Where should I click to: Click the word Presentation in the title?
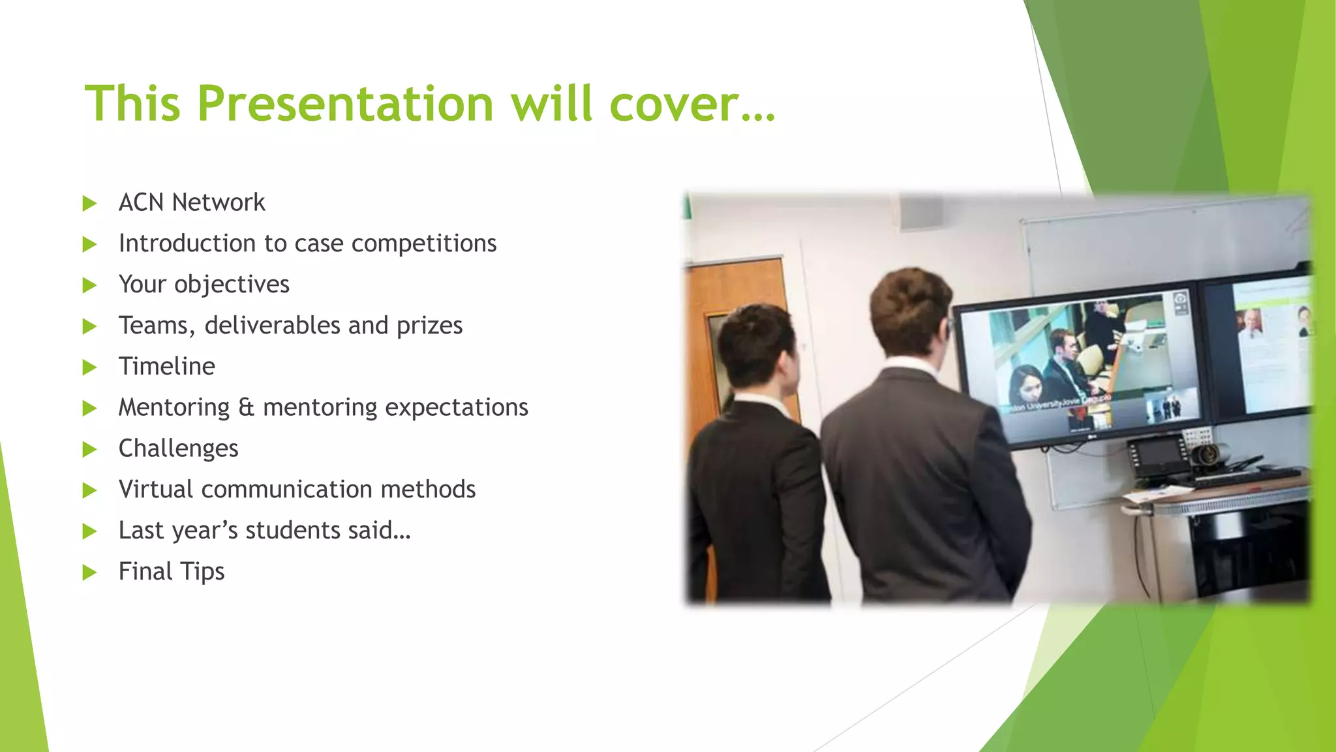click(x=345, y=104)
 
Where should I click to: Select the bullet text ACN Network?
click(x=192, y=202)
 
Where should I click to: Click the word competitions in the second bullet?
click(x=424, y=243)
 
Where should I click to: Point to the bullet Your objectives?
click(x=204, y=285)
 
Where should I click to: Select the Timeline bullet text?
click(x=166, y=366)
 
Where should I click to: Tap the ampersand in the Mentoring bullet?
click(x=246, y=407)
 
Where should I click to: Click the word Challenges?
click(x=178, y=448)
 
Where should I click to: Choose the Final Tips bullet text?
click(x=171, y=572)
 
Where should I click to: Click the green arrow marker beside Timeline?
click(x=89, y=368)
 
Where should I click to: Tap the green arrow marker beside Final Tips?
click(x=89, y=573)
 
